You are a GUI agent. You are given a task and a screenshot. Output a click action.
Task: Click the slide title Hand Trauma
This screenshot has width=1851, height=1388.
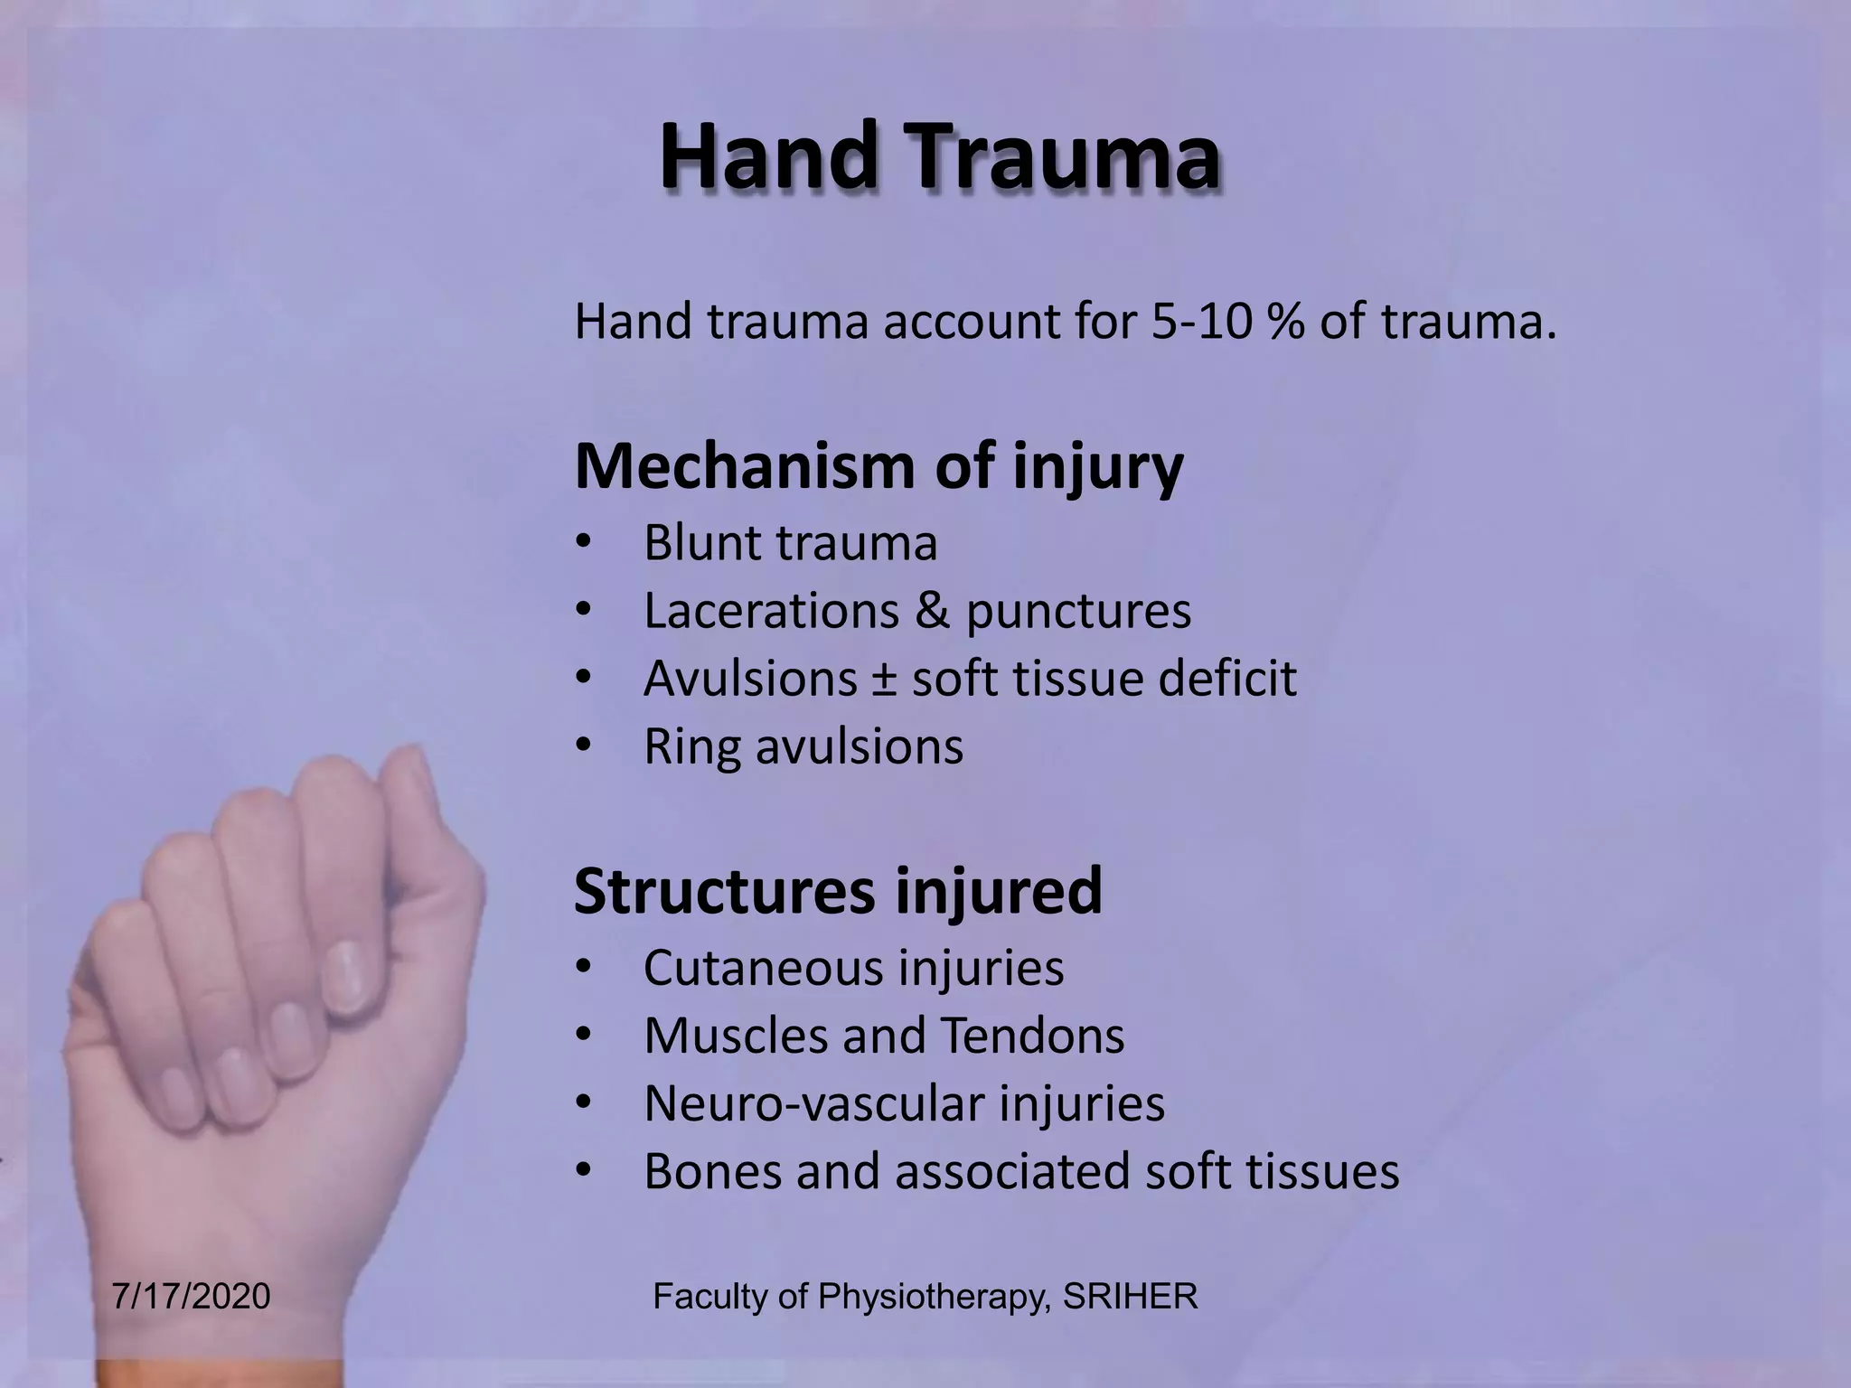[940, 157]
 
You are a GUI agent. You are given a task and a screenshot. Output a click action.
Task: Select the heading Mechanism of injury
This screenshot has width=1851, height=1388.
[879, 466]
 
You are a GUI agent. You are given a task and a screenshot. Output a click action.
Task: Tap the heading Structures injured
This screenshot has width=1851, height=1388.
[838, 891]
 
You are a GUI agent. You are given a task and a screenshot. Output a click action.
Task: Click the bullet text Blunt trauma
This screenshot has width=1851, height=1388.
[790, 543]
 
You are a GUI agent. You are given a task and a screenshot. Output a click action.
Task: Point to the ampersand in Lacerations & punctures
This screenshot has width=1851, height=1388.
[932, 611]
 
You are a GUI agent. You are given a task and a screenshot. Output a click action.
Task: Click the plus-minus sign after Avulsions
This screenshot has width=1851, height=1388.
[884, 680]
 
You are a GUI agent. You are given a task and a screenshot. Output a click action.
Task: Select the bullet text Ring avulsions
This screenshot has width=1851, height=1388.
[803, 747]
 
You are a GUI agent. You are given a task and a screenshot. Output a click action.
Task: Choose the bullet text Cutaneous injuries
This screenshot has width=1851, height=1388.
[853, 968]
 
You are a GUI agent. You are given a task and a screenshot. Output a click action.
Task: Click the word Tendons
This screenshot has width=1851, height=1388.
[1033, 1036]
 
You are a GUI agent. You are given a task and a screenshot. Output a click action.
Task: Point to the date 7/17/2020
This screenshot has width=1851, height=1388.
[191, 1297]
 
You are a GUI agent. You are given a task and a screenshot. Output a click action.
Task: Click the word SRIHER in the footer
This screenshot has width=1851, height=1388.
[1130, 1297]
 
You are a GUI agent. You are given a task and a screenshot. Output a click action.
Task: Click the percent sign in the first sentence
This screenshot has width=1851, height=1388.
[1285, 322]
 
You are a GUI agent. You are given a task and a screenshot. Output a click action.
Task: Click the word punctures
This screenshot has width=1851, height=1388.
[1078, 612]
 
